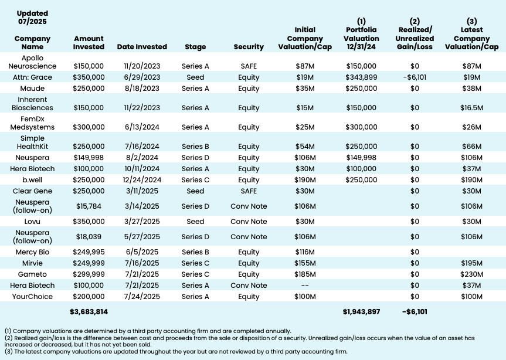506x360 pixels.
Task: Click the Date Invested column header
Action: coord(142,47)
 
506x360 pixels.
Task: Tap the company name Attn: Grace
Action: coord(36,77)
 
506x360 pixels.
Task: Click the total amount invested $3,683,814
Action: coord(89,311)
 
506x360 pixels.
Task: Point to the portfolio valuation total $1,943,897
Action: coord(361,311)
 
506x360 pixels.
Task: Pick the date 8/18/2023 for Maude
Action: coord(142,89)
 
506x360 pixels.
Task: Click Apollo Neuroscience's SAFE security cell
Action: coord(249,66)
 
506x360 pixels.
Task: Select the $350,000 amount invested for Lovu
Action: coord(89,221)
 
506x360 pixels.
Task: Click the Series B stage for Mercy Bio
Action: coord(195,252)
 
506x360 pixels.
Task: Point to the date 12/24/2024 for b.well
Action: coord(142,180)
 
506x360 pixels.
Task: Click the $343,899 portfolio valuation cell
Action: coord(361,77)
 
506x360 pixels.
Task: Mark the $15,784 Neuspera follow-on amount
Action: coord(89,206)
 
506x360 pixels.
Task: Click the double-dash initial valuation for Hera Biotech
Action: coord(304,286)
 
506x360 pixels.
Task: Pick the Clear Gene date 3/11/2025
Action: coord(142,191)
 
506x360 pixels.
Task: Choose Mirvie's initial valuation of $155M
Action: coord(304,263)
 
